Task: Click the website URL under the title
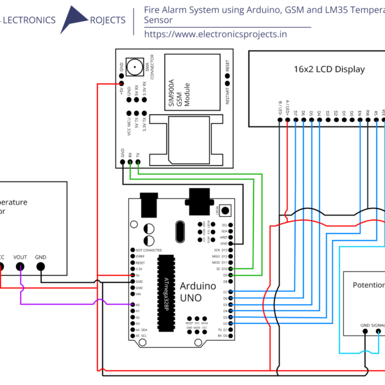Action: [x=216, y=35]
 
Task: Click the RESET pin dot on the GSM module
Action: [x=227, y=76]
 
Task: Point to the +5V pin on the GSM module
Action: [x=121, y=82]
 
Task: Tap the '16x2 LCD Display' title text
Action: [x=329, y=69]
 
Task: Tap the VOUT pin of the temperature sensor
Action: [x=21, y=267]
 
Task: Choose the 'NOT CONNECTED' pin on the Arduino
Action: [x=132, y=250]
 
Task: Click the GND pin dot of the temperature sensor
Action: [x=40, y=267]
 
